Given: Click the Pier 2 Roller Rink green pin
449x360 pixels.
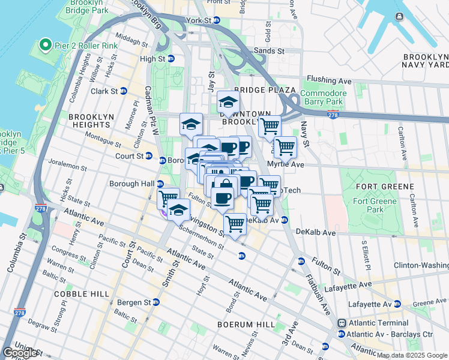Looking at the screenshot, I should click(44, 45).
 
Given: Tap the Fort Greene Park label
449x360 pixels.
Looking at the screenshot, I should click(384, 206).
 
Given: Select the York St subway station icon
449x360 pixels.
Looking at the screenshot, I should click(217, 20).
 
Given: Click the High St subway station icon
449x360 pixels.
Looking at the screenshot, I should click(171, 59).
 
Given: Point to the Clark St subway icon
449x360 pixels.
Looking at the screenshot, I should click(123, 91).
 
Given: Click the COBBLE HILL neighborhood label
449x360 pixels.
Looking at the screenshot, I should click(82, 294).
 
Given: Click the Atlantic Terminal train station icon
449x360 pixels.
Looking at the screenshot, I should click(342, 323).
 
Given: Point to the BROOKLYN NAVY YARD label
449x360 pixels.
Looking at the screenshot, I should click(426, 60).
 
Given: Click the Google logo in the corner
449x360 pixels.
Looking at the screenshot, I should click(20, 353).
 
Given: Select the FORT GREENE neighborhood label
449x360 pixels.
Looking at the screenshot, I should click(384, 187).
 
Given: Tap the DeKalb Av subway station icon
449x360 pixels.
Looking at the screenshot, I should click(285, 220).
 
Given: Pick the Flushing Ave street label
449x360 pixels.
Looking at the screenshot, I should click(329, 80).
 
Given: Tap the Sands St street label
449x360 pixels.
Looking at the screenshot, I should click(268, 52).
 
